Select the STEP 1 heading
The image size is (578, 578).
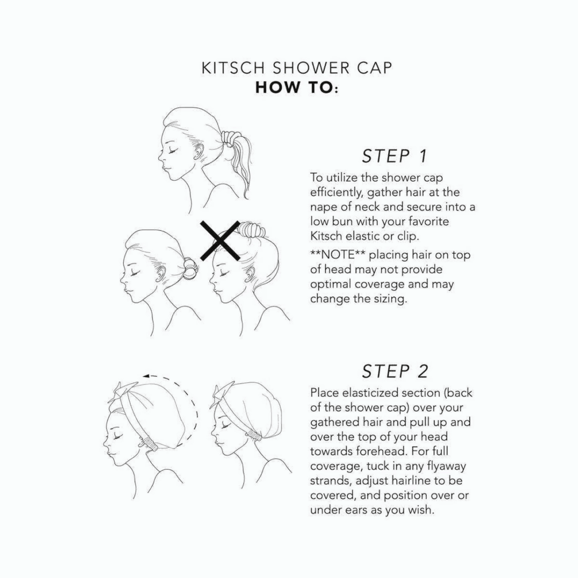point(394,156)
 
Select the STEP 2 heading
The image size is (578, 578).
point(395,371)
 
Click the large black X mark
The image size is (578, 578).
point(220,240)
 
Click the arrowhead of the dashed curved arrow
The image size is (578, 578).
point(147,376)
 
